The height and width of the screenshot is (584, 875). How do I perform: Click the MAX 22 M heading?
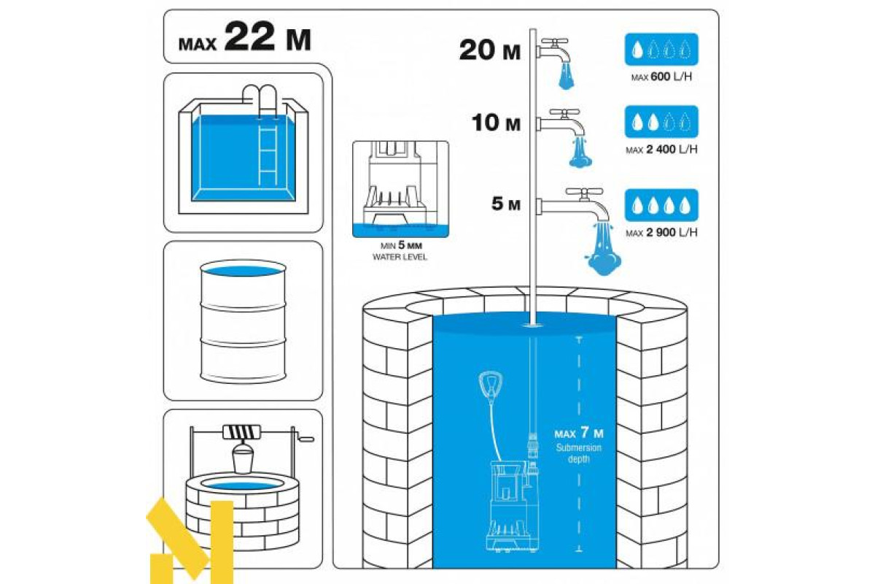pyautogui.click(x=244, y=36)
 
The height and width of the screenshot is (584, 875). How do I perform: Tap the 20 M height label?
pyautogui.click(x=490, y=51)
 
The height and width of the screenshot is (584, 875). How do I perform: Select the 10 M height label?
pyautogui.click(x=496, y=123)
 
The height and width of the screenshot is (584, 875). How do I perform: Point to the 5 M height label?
pyautogui.click(x=506, y=204)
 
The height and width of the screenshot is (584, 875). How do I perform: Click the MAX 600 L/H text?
pyautogui.click(x=661, y=77)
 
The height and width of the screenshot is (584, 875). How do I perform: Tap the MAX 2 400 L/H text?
pyautogui.click(x=661, y=150)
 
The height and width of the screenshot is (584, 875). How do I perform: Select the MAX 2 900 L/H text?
pyautogui.click(x=661, y=233)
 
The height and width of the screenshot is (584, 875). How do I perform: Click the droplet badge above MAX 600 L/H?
pyautogui.click(x=661, y=50)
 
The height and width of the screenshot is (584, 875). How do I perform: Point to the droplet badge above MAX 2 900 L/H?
pyautogui.click(x=661, y=205)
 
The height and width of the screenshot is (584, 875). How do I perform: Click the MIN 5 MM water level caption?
pyautogui.click(x=400, y=251)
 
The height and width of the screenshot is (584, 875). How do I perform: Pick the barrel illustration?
pyautogui.click(x=243, y=321)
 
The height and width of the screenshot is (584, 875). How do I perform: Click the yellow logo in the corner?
pyautogui.click(x=190, y=541)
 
